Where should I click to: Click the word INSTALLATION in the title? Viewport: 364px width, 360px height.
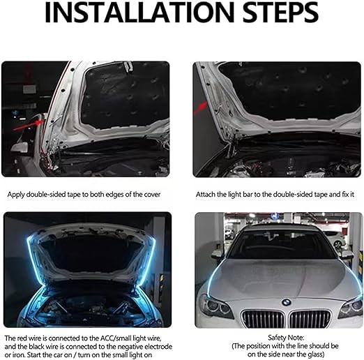(x=139, y=12)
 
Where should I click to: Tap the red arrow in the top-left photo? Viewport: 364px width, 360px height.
(x=28, y=124)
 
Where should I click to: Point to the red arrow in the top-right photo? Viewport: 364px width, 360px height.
(x=200, y=109)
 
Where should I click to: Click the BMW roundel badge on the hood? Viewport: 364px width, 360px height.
(x=287, y=302)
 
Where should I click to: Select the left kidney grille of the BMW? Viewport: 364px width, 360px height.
(x=263, y=319)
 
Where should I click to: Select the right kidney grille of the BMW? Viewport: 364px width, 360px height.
(x=311, y=319)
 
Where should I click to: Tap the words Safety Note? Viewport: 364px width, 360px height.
(x=286, y=338)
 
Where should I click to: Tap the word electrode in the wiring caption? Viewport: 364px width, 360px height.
(x=158, y=347)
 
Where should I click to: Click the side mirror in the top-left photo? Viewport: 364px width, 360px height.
(x=19, y=147)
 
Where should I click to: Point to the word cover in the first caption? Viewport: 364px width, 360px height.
(x=152, y=195)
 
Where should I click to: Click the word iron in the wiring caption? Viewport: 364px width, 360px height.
(x=19, y=355)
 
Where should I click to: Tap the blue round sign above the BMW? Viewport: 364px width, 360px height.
(x=275, y=216)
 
